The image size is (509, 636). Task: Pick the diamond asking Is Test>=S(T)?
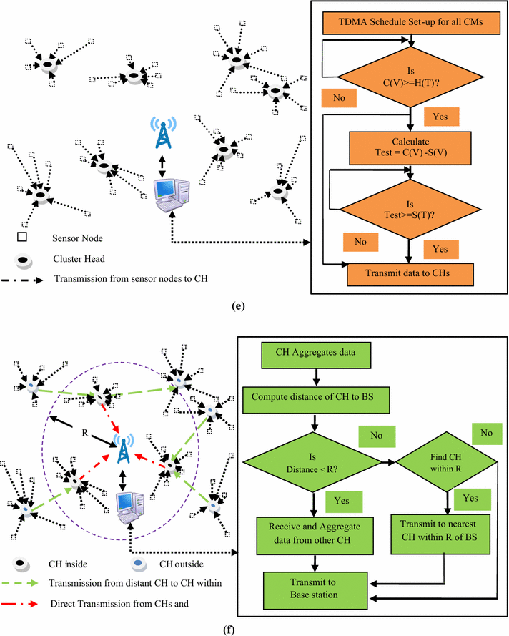[409, 205]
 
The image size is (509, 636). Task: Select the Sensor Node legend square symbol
[22, 235]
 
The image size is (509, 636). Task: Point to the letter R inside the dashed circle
[62, 431]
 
